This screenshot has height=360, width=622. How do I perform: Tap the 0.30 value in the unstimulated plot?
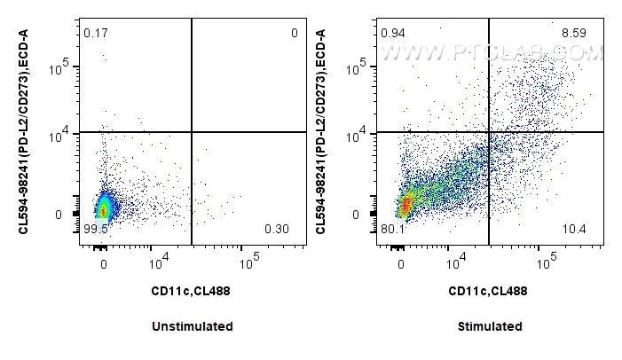[276, 230]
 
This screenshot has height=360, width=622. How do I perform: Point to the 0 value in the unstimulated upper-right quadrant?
[294, 34]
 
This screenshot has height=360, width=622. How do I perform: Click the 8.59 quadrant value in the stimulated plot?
[574, 34]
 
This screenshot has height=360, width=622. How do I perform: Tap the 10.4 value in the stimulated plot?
[574, 230]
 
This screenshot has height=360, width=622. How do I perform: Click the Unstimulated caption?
[193, 326]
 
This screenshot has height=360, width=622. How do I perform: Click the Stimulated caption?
[490, 326]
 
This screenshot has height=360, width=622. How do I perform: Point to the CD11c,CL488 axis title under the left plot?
[192, 290]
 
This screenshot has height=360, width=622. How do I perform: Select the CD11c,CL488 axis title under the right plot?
[489, 290]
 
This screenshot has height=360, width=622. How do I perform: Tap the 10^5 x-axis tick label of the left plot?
[248, 258]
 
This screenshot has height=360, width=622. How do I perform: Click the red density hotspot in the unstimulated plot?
[103, 211]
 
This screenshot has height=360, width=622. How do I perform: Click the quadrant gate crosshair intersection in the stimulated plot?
[489, 132]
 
